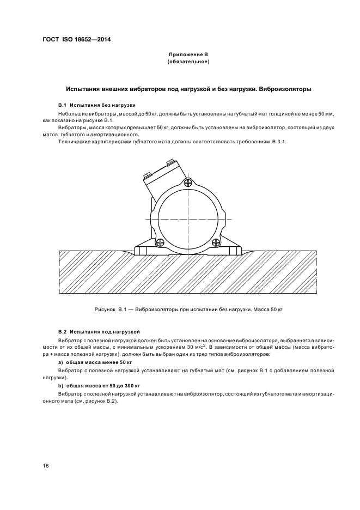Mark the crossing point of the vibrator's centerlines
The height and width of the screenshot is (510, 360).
187,218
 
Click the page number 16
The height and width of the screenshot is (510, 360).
46,465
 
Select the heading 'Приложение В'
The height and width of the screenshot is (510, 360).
188,55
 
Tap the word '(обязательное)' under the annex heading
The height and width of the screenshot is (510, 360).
188,62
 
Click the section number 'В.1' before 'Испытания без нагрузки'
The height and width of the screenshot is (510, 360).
62,104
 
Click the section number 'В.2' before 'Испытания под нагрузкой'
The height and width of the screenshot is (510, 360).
62,331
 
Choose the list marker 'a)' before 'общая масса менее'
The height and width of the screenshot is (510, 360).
60,362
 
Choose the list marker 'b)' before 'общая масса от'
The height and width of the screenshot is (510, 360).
60,385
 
